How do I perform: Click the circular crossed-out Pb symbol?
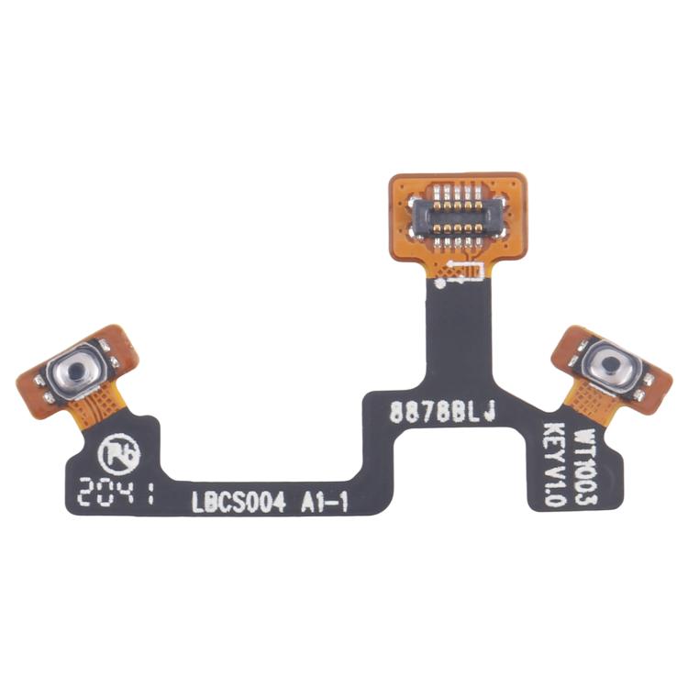pyautogui.click(x=117, y=450)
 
